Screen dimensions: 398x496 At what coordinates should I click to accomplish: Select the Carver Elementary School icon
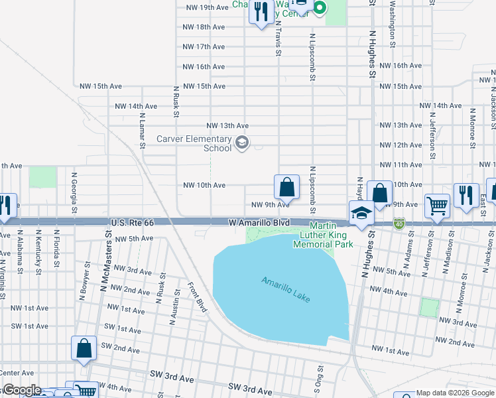(x=242, y=141)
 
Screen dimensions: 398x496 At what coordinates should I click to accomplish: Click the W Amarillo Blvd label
(x=259, y=224)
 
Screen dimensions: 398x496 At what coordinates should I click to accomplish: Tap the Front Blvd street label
(x=198, y=296)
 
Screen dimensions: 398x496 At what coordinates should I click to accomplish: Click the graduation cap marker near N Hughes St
(x=361, y=214)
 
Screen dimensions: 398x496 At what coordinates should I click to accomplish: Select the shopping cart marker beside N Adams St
(x=437, y=206)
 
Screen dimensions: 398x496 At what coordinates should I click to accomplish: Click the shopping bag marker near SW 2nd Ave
(x=84, y=348)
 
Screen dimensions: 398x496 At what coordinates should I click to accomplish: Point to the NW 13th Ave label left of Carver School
(x=227, y=125)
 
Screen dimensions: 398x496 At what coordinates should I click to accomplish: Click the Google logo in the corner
(x=21, y=390)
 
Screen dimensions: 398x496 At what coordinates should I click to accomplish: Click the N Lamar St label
(x=142, y=125)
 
